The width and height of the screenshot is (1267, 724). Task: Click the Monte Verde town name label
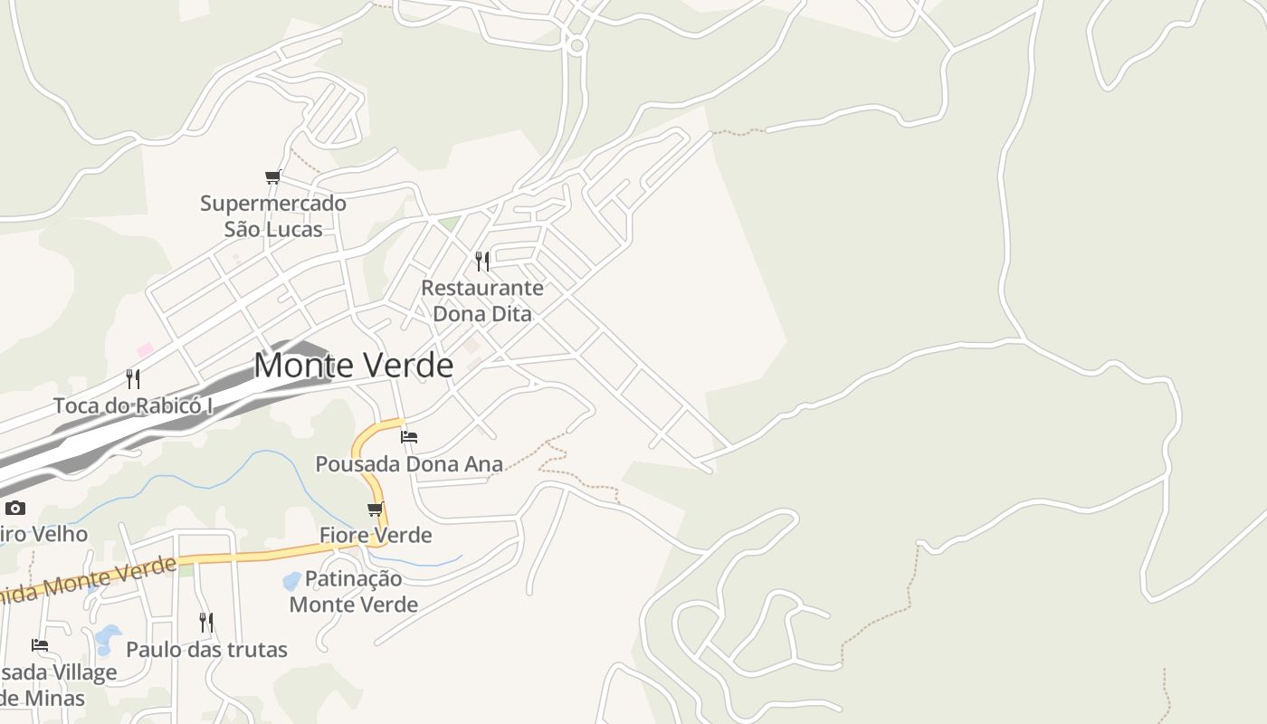pyautogui.click(x=353, y=366)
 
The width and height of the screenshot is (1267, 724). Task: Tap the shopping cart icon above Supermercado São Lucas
pyautogui.click(x=272, y=176)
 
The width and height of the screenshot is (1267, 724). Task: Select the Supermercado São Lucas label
pyautogui.click(x=273, y=216)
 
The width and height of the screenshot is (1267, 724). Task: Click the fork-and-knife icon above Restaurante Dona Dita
pyautogui.click(x=482, y=262)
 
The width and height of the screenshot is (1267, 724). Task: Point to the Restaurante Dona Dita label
pyautogui.click(x=482, y=301)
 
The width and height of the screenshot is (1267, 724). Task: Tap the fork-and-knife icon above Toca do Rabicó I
pyautogui.click(x=133, y=378)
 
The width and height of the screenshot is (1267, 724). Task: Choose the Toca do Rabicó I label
pyautogui.click(x=133, y=405)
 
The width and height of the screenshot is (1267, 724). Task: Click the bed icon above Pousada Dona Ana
pyautogui.click(x=409, y=436)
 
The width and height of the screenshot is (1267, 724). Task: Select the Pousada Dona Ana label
pyautogui.click(x=408, y=464)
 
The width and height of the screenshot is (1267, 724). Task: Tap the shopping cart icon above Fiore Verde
pyautogui.click(x=376, y=509)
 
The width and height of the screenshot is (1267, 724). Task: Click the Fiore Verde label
pyautogui.click(x=376, y=535)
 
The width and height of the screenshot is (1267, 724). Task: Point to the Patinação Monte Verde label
pyautogui.click(x=353, y=591)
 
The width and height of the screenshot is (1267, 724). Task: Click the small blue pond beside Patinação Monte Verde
pyautogui.click(x=291, y=580)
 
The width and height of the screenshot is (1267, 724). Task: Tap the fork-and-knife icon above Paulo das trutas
pyautogui.click(x=206, y=622)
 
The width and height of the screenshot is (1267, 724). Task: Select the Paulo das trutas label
pyautogui.click(x=206, y=650)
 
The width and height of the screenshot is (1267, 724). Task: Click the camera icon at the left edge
pyautogui.click(x=15, y=508)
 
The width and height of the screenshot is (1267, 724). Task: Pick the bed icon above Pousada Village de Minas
pyautogui.click(x=40, y=644)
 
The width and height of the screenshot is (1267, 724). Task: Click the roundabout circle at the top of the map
pyautogui.click(x=577, y=43)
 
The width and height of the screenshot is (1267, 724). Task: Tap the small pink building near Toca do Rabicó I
pyautogui.click(x=145, y=349)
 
